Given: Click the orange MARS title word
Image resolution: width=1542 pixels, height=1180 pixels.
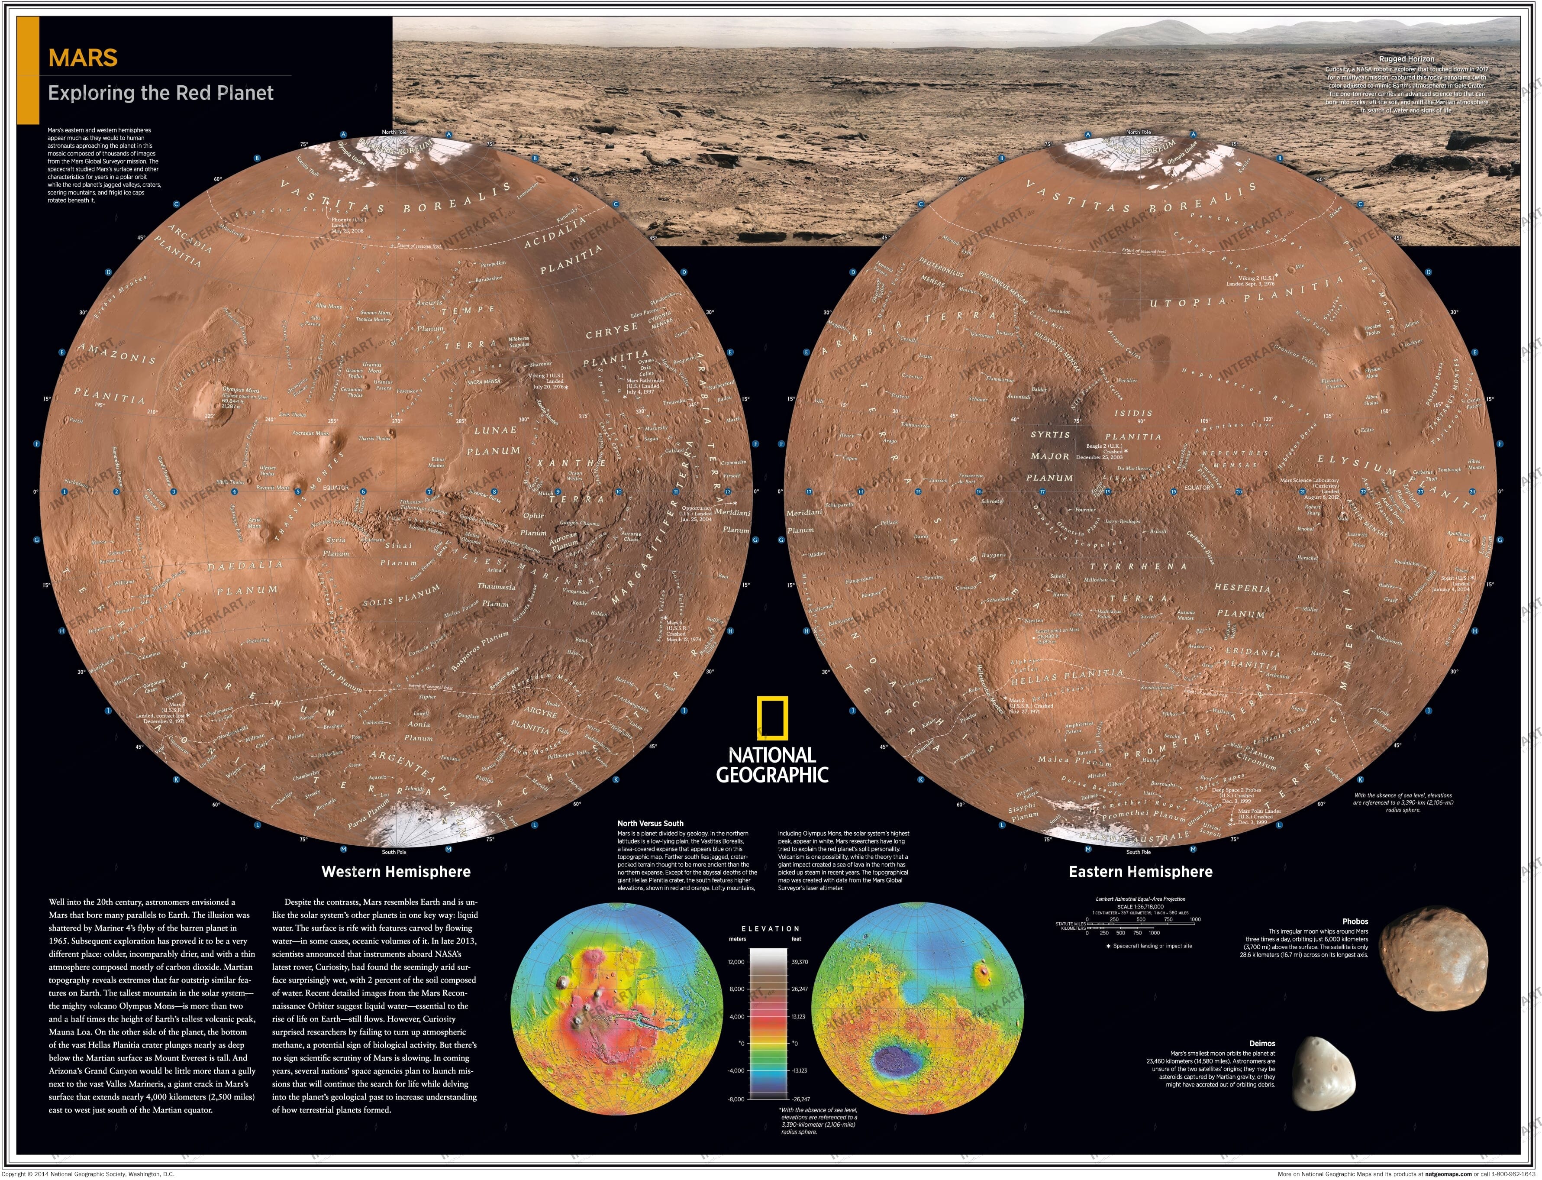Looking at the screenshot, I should point(83,58).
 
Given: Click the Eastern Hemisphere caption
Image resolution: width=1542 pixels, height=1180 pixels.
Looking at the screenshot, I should point(1140,872).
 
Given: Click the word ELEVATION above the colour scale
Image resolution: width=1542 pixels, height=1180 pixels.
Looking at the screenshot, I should point(770,928).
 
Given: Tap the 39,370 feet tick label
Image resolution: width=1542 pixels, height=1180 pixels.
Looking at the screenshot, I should point(800,962).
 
